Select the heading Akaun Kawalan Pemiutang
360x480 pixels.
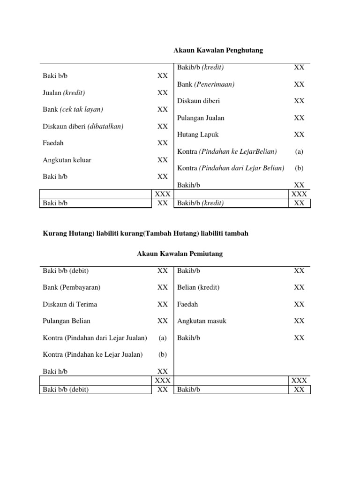coord(180,254)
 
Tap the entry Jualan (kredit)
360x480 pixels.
coord(64,92)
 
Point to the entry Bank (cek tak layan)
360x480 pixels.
coord(73,109)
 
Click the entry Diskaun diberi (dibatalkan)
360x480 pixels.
coord(83,126)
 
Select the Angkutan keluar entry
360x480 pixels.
coord(67,160)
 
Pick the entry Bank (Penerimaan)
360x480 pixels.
coord(206,84)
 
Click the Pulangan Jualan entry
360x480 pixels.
coord(201,118)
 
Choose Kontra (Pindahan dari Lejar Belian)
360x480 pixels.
coord(231,168)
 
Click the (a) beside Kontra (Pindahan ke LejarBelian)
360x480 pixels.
coord(299,151)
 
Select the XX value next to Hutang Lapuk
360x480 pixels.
coord(299,135)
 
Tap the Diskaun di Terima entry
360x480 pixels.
coord(70,304)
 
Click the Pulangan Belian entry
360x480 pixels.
coord(67,321)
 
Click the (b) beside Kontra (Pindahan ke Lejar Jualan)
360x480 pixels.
coord(162,355)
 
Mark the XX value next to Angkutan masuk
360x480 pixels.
coord(299,321)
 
